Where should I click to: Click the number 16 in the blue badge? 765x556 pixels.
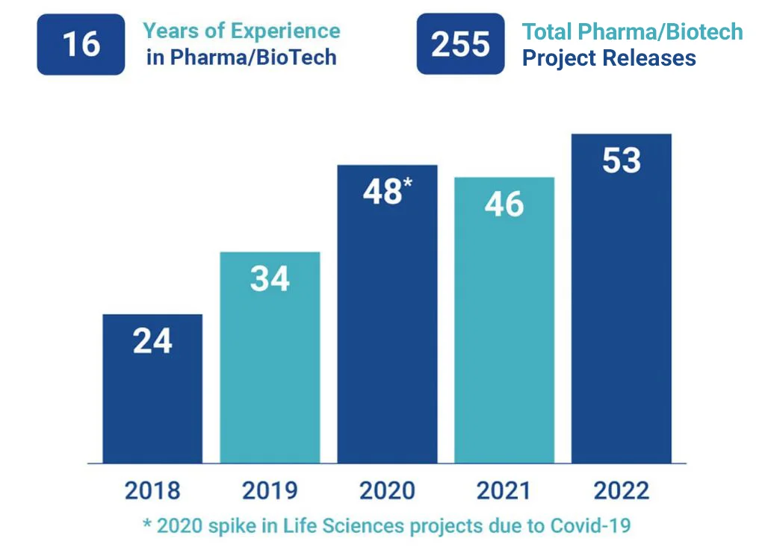81,44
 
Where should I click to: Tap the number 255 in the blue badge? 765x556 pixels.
460,44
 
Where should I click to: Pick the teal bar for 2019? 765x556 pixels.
270,373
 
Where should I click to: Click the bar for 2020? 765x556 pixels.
387,336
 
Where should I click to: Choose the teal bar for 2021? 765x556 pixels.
504,336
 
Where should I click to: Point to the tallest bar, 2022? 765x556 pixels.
622,313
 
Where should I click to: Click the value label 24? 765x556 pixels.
152,341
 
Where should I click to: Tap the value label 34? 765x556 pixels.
270,279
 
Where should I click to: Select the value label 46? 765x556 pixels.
504,204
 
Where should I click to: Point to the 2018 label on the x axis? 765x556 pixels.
152,491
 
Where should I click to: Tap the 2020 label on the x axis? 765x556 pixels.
387,491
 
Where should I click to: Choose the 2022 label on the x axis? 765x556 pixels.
622,491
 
